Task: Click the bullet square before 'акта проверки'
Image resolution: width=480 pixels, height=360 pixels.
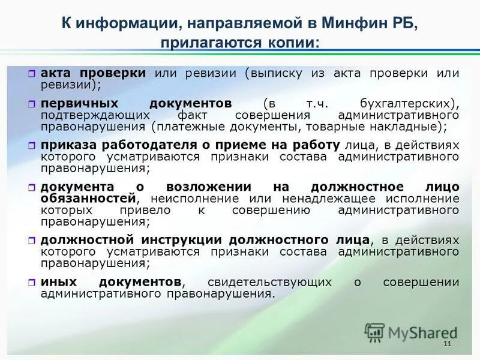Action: tap(32, 74)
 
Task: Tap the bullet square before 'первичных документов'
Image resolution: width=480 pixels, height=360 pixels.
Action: tap(32, 104)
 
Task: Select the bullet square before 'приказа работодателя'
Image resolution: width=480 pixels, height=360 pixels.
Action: tap(32, 146)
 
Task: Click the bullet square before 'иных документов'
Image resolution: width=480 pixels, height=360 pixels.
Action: tap(32, 283)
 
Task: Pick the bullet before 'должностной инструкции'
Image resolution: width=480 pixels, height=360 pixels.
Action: tap(32, 241)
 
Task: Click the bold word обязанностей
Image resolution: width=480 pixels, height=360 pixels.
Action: tap(88, 198)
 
